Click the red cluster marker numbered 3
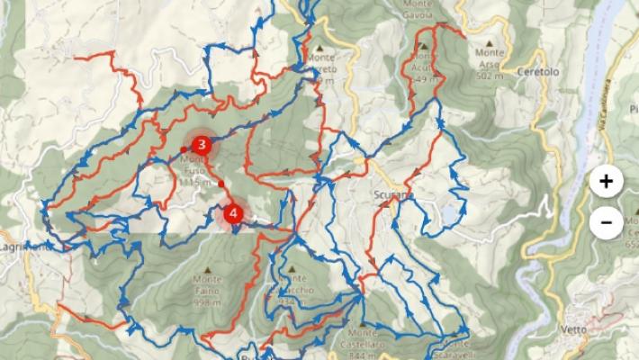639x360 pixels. pyautogui.click(x=202, y=144)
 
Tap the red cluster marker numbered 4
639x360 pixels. pyautogui.click(x=234, y=214)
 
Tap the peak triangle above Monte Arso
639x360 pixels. pyautogui.click(x=490, y=41)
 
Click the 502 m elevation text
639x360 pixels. pyautogui.click(x=489, y=77)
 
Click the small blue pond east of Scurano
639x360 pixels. pyautogui.click(x=448, y=214)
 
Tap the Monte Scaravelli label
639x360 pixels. pyautogui.click(x=458, y=347)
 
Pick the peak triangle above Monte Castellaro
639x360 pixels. pyautogui.click(x=363, y=325)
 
